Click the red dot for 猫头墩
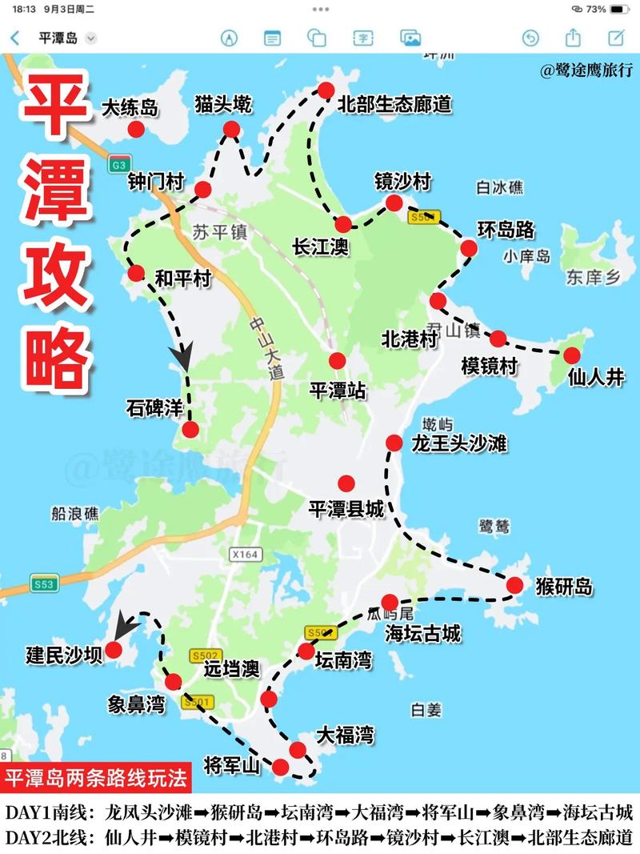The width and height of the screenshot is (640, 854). [x=232, y=130]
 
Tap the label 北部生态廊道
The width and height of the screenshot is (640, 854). [x=394, y=104]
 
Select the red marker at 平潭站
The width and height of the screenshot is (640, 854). [x=338, y=361]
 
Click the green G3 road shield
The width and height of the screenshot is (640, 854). [x=118, y=165]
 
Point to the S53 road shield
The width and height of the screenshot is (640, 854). [x=43, y=584]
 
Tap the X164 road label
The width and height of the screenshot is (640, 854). [x=245, y=554]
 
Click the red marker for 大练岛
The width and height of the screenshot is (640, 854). [x=136, y=130]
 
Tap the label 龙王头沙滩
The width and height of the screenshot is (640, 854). [x=459, y=443]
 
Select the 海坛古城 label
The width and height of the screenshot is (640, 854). [x=423, y=634]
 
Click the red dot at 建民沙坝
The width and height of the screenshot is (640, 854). [x=114, y=650]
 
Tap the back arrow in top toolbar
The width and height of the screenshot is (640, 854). [x=15, y=38]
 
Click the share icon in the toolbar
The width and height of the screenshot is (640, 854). [x=573, y=38]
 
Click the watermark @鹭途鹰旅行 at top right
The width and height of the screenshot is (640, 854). [x=586, y=70]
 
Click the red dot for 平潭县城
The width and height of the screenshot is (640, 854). [x=346, y=483]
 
